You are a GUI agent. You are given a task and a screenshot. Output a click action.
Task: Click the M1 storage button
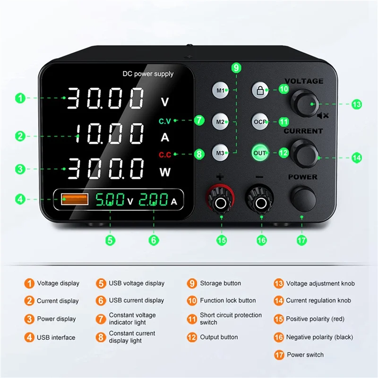(x=220, y=90)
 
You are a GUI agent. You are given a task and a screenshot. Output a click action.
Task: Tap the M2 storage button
(x=220, y=121)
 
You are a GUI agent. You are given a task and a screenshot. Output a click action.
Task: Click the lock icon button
(x=260, y=90)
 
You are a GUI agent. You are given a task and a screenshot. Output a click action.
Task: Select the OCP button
(x=260, y=121)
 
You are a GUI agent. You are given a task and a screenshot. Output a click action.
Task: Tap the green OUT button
(x=260, y=153)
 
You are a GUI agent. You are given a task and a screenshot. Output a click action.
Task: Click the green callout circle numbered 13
(x=356, y=104)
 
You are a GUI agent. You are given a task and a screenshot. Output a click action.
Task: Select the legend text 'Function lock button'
(x=228, y=301)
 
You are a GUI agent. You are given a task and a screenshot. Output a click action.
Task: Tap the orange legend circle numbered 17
(x=278, y=355)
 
